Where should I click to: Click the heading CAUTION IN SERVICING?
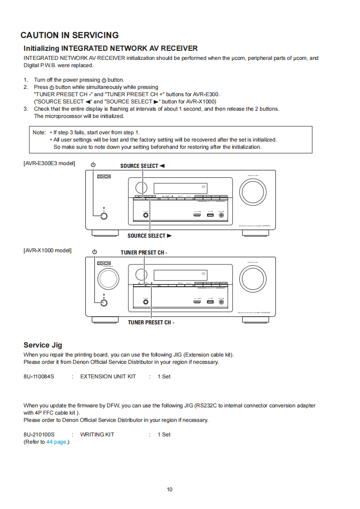pos(69,35)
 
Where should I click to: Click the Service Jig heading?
pos(43,345)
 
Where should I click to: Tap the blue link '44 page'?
pos(56,442)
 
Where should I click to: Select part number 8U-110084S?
pos(39,377)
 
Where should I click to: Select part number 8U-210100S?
pos(39,435)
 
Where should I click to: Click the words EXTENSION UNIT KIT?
pos(108,377)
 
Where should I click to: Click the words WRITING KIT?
pos(97,435)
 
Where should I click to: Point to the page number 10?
pos(170,489)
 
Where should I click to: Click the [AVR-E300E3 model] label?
pos(49,163)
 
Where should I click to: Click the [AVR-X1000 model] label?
pos(47,250)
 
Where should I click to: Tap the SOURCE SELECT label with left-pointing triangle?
pos(142,166)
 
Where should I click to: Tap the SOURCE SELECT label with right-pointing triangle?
pos(149,236)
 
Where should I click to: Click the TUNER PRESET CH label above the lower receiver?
pos(144,253)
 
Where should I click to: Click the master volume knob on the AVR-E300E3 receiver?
pos(253,191)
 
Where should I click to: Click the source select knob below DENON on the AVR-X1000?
pos(108,278)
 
